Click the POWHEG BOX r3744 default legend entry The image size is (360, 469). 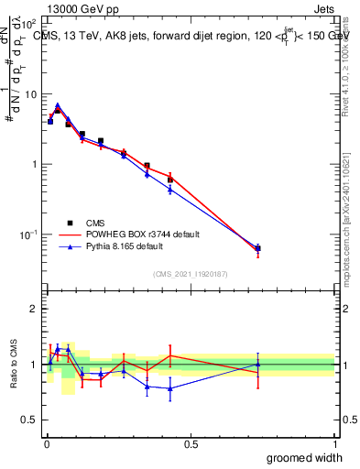(129, 234)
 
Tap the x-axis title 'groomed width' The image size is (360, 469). (305, 457)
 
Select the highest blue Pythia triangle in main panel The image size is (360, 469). (58, 106)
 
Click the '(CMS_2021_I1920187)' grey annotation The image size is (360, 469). (191, 274)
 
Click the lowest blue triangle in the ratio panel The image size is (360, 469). (170, 388)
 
